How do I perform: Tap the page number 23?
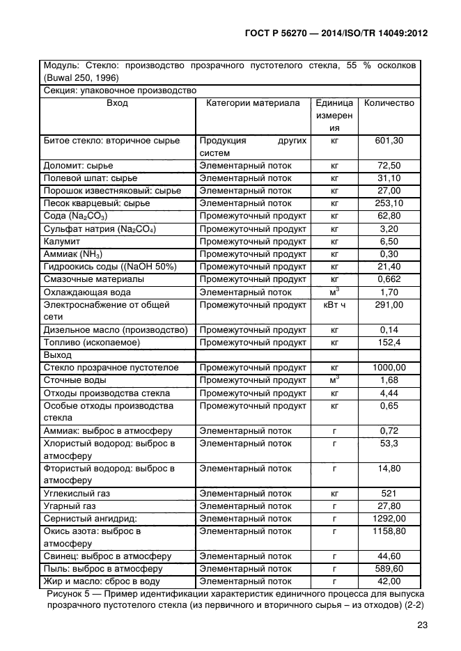point(421,625)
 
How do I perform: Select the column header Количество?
point(389,103)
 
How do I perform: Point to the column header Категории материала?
point(253,103)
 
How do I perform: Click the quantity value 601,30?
point(389,141)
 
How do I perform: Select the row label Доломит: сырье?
point(78,166)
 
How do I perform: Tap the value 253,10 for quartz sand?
point(389,203)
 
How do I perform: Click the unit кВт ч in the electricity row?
point(334,305)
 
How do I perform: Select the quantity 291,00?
point(389,305)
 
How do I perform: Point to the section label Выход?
point(58,355)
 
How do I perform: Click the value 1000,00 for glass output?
point(389,368)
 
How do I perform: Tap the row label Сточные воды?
point(75,380)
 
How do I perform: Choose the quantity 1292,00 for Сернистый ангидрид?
point(389,519)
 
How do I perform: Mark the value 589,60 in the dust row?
point(389,569)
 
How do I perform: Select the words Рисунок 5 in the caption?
point(70,593)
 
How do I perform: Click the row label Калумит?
point(63,242)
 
